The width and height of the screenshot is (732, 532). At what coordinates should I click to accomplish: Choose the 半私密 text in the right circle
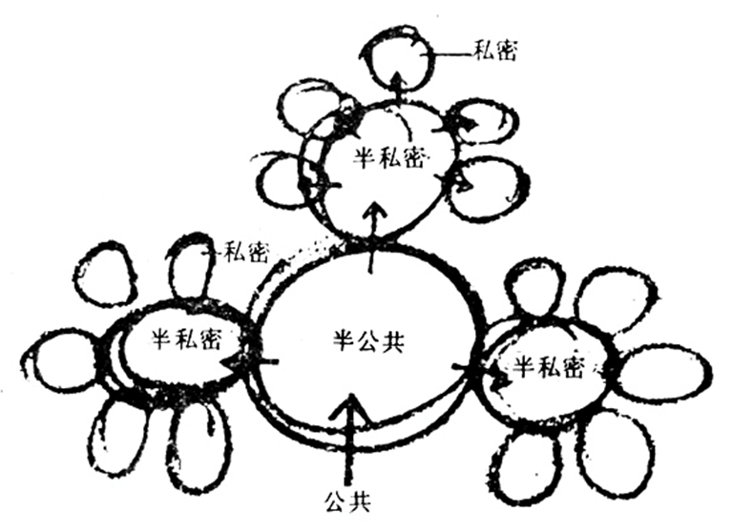548,368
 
